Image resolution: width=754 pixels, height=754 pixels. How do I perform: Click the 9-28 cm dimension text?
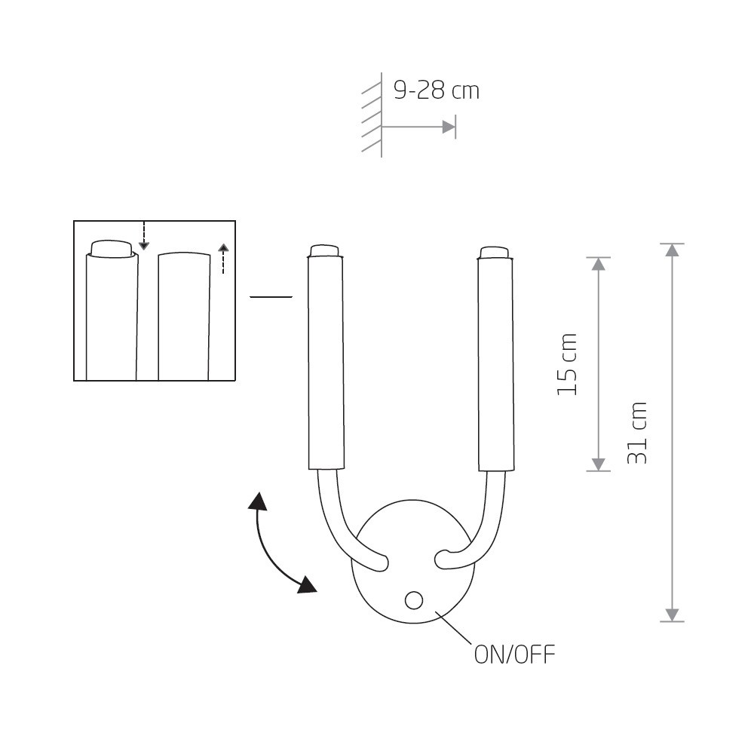tap(436, 90)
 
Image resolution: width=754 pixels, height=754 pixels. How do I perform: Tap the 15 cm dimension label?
tap(567, 364)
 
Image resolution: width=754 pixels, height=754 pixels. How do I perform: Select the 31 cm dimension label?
tap(638, 433)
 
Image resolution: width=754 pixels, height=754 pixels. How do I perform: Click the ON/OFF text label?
tap(514, 654)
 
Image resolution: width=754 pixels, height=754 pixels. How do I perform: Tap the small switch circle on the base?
tap(413, 600)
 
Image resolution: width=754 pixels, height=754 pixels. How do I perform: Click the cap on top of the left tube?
tap(324, 251)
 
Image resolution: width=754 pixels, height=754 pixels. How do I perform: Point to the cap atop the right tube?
tap(495, 253)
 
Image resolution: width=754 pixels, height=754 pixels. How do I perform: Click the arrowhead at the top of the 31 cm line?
tap(672, 250)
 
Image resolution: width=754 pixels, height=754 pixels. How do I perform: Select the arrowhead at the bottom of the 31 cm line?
tap(672, 615)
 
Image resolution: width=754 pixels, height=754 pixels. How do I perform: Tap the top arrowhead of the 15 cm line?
tap(598, 264)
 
